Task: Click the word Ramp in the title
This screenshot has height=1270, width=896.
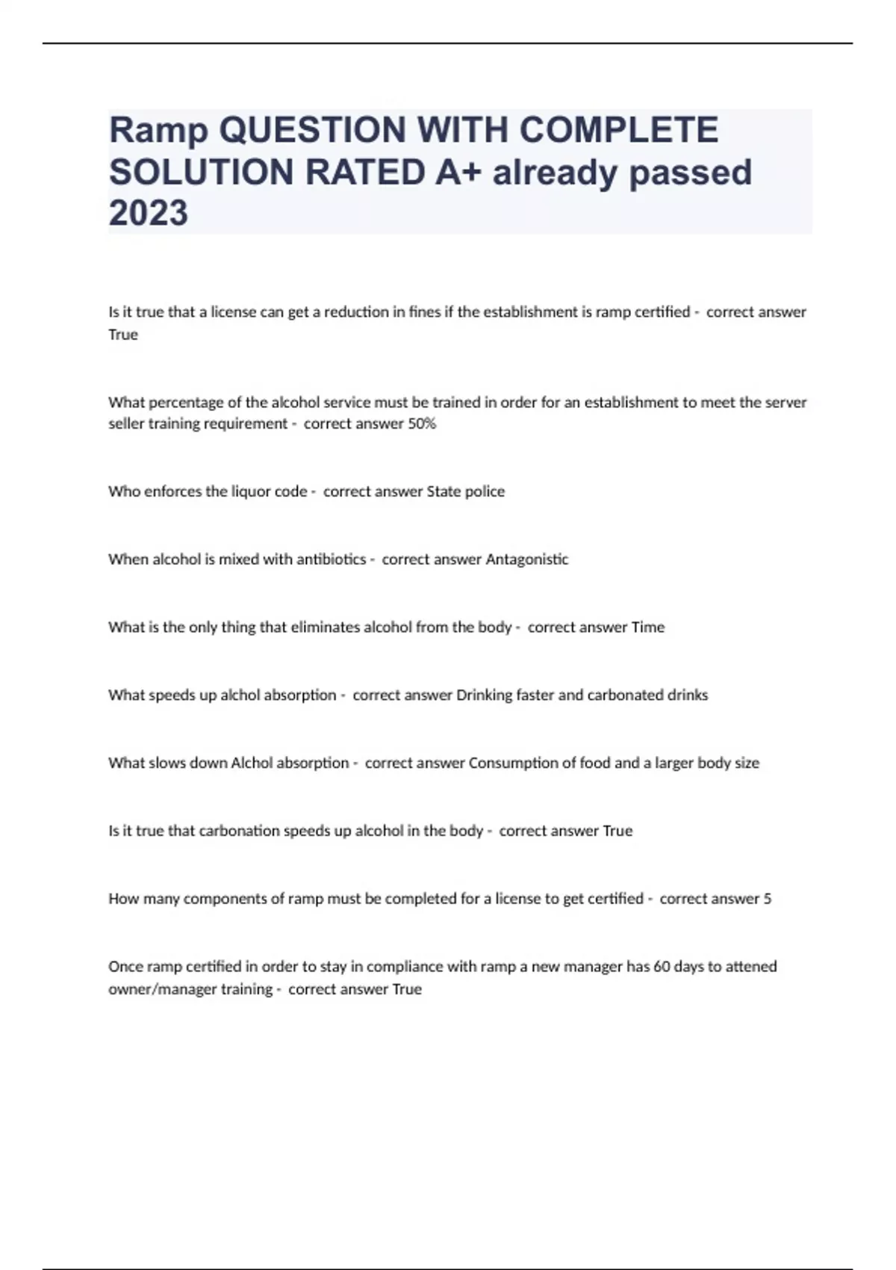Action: coord(158,131)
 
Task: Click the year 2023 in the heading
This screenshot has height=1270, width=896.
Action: coord(149,213)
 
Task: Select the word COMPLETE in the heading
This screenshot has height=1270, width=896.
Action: coord(618,130)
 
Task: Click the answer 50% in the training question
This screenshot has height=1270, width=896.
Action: coord(422,424)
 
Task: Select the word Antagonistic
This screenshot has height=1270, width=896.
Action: coord(526,560)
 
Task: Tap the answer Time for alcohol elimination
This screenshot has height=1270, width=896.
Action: coord(647,628)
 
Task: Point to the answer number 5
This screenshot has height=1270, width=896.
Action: coord(768,899)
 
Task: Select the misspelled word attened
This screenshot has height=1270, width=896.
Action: coord(751,967)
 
